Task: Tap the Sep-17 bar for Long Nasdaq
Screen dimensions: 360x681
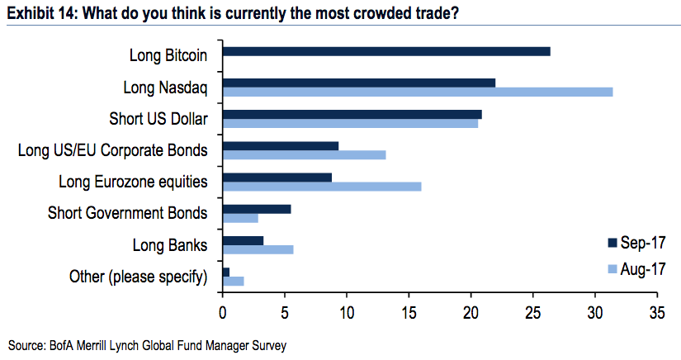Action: (359, 83)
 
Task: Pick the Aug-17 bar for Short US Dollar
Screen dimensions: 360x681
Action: (350, 123)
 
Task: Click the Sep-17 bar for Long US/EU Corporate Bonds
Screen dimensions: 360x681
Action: (281, 145)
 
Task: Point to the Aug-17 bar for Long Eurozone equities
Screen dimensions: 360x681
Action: (322, 186)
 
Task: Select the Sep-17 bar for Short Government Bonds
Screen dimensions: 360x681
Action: (257, 209)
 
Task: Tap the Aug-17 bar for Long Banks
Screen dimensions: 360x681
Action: (258, 249)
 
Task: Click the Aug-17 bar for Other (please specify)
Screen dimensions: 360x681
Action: (234, 281)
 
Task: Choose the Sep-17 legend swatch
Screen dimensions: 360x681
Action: (612, 243)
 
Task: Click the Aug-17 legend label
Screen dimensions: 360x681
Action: (642, 268)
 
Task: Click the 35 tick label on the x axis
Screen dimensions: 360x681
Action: (657, 313)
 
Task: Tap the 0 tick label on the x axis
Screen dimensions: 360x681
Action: (223, 313)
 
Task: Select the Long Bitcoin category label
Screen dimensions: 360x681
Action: (168, 55)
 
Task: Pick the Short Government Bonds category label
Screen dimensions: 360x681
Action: (127, 213)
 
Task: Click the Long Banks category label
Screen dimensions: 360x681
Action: (169, 244)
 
